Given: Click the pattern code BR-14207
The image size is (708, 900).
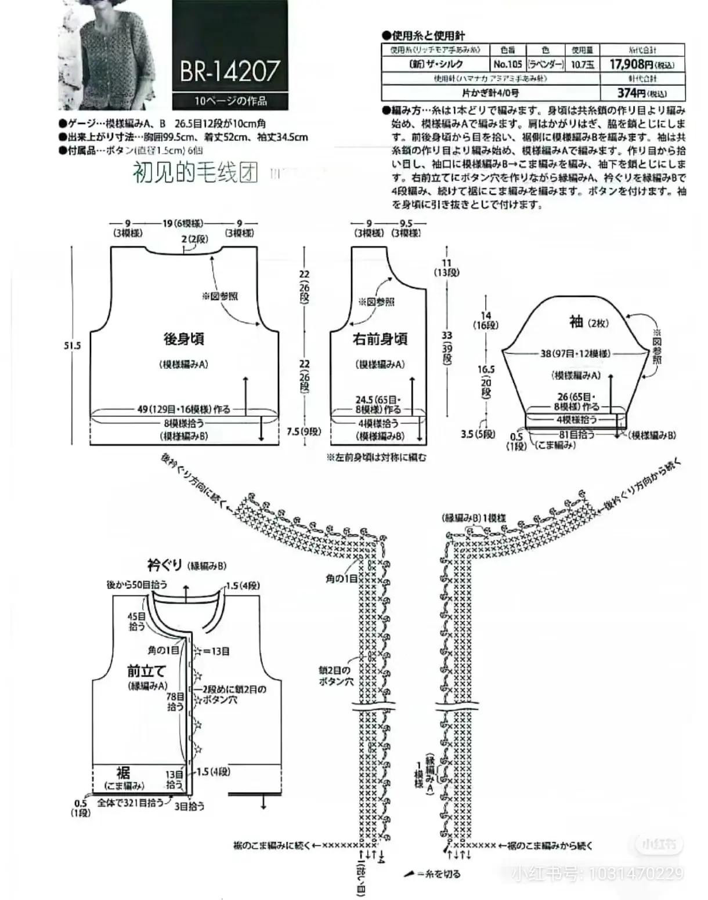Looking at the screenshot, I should [230, 71].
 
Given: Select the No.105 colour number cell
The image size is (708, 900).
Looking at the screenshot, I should [508, 64].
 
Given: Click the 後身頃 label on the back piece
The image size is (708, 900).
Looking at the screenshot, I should [183, 339].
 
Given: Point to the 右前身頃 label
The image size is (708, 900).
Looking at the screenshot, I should [380, 339].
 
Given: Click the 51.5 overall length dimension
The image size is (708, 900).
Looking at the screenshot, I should [73, 346].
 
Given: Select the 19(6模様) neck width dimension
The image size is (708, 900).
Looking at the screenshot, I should [182, 223].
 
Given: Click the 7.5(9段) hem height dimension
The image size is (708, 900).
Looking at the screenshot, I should [304, 431].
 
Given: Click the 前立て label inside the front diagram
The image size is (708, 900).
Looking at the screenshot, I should [147, 671].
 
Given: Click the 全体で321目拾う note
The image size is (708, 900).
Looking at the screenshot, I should [132, 805].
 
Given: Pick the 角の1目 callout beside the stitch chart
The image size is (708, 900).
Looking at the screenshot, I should [341, 578].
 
